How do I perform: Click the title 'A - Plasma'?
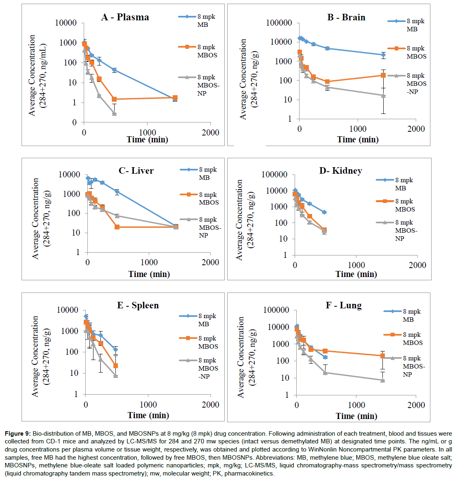tap(125, 17)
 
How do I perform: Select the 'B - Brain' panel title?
tap(346, 17)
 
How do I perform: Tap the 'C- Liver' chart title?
tap(136, 170)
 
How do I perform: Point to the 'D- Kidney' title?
tap(341, 170)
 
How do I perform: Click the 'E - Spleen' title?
tap(138, 305)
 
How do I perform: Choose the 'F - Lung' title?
tap(344, 305)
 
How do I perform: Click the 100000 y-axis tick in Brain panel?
tap(279, 23)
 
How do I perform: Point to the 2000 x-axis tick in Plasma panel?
tap(210, 132)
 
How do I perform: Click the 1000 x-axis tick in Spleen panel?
tap(148, 404)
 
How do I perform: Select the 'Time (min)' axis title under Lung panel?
tap(356, 416)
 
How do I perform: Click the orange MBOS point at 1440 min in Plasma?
tap(175, 98)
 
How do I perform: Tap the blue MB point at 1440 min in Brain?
tap(383, 55)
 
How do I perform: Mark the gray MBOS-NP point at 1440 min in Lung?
tap(382, 380)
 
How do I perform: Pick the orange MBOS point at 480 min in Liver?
tap(117, 227)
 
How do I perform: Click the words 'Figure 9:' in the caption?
tap(18, 434)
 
